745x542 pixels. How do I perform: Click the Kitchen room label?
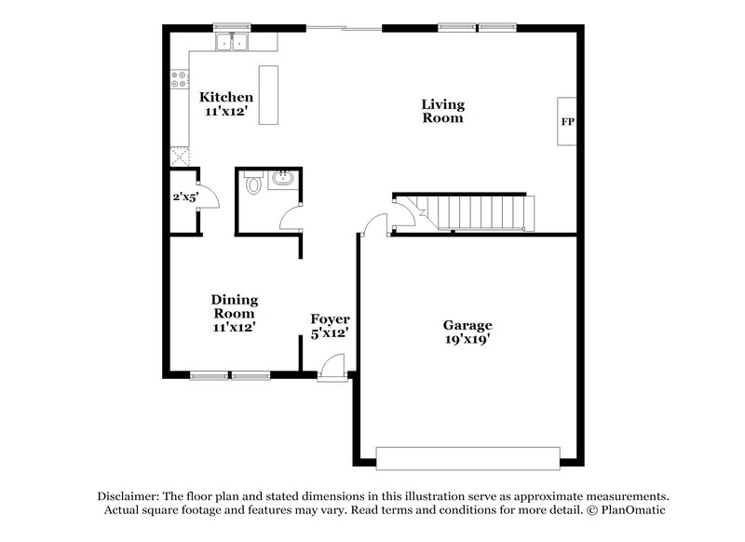[x=226, y=98]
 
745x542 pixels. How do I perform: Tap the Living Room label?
[x=442, y=111]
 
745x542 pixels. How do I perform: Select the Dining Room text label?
[x=234, y=306]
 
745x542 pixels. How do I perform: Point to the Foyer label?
[x=330, y=319]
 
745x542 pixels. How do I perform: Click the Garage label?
[x=467, y=325]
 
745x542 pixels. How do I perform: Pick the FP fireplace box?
[x=566, y=122]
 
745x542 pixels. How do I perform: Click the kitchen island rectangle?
[x=269, y=94]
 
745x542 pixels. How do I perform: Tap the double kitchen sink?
[x=232, y=42]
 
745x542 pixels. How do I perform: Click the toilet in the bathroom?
[x=252, y=183]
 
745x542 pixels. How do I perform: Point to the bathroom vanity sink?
[x=282, y=180]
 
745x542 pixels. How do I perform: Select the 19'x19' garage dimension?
[x=467, y=340]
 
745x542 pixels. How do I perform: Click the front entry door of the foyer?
[x=331, y=371]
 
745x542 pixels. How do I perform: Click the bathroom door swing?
[x=291, y=220]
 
